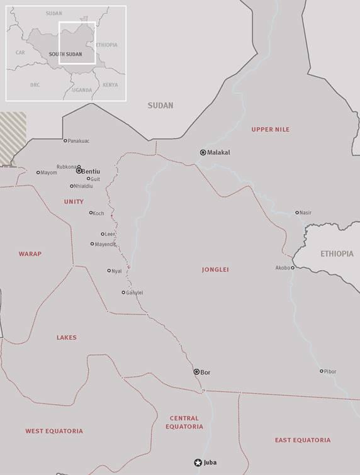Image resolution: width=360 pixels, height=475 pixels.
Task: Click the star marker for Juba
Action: pyautogui.click(x=198, y=462)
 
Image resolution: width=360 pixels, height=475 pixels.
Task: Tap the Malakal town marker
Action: pyautogui.click(x=203, y=152)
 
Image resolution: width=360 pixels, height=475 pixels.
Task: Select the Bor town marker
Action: pyautogui.click(x=196, y=372)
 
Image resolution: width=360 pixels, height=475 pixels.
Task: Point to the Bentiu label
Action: pyautogui.click(x=92, y=171)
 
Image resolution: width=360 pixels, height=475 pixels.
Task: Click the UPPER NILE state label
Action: pyautogui.click(x=270, y=130)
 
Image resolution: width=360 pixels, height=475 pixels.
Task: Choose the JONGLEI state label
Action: pyautogui.click(x=215, y=269)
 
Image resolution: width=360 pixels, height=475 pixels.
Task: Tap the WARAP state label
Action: pyautogui.click(x=30, y=254)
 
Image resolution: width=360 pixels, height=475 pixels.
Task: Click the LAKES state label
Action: pyautogui.click(x=66, y=338)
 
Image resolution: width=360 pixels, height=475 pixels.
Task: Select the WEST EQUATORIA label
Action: pyautogui.click(x=54, y=431)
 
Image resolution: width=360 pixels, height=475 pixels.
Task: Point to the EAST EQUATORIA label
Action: pyautogui.click(x=302, y=440)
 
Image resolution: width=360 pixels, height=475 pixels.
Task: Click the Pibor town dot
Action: pyautogui.click(x=321, y=371)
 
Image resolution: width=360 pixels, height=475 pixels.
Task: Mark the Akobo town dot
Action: pyautogui.click(x=293, y=267)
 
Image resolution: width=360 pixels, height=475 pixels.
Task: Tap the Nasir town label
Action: pyautogui.click(x=306, y=213)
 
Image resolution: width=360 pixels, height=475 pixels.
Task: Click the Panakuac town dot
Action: pyautogui.click(x=65, y=140)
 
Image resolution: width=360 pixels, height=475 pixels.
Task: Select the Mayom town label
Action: pyautogui.click(x=48, y=172)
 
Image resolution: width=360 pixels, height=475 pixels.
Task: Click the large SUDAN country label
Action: pyautogui.click(x=160, y=106)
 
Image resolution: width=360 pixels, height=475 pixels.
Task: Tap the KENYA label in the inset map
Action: pyautogui.click(x=110, y=84)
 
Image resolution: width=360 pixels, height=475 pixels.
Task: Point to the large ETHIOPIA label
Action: pyautogui.click(x=337, y=254)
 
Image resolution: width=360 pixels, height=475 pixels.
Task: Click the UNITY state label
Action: pyautogui.click(x=74, y=201)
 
